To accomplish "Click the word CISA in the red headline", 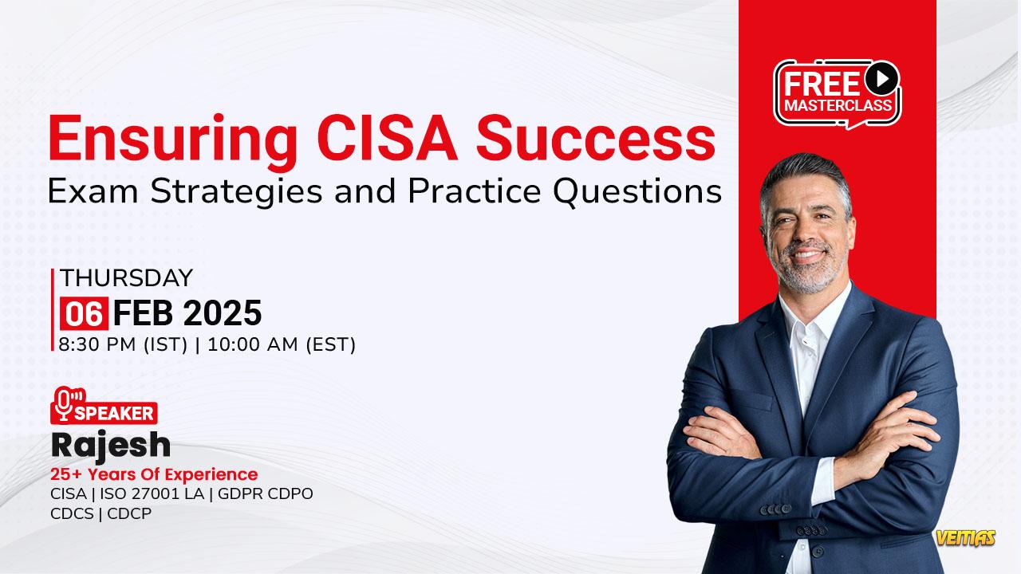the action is [x=387, y=138].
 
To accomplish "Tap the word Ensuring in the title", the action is [x=173, y=143].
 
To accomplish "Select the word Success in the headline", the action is [x=596, y=138].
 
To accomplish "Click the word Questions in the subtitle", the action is [x=637, y=192].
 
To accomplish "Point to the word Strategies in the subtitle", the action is [x=236, y=192].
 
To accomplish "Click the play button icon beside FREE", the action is [x=882, y=78].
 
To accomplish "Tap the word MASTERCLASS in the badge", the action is [x=838, y=106].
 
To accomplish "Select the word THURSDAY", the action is [x=126, y=278].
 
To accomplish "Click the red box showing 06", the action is [x=85, y=313].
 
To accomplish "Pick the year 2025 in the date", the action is [x=223, y=313].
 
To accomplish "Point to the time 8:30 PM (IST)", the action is [x=123, y=344].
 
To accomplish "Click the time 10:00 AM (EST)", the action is [x=282, y=344].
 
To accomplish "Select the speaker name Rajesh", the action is [x=111, y=446].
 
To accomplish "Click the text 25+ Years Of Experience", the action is [x=154, y=474].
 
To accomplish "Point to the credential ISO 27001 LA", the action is [x=152, y=493].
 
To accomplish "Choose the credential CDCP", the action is [x=129, y=514].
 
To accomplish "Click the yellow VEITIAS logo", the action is [x=966, y=538].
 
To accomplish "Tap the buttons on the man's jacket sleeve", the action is [x=776, y=509].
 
